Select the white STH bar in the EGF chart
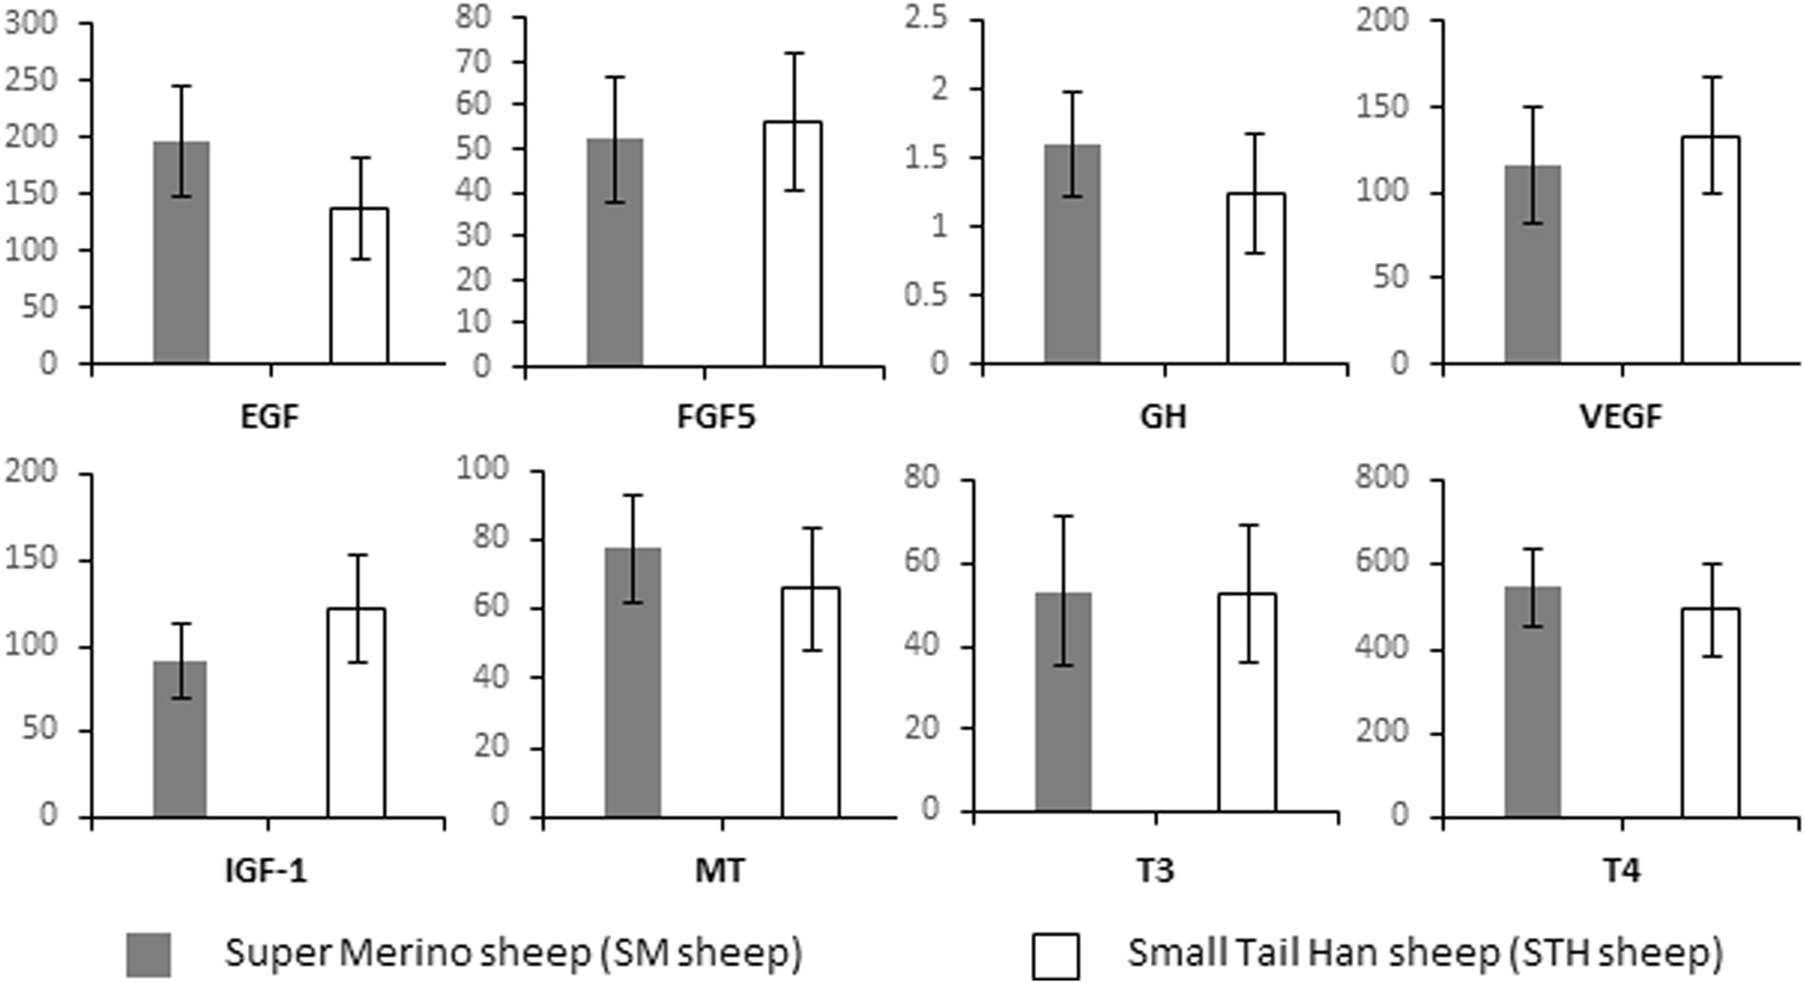(x=359, y=294)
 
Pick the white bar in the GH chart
(x=1255, y=294)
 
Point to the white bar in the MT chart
(x=811, y=721)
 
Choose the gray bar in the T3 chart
(x=1063, y=721)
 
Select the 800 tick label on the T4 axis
(x=1384, y=477)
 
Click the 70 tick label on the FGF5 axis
(x=475, y=62)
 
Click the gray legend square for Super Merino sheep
(x=148, y=954)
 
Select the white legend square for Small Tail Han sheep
(x=1055, y=955)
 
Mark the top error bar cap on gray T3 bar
(x=1063, y=516)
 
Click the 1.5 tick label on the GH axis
(x=927, y=158)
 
